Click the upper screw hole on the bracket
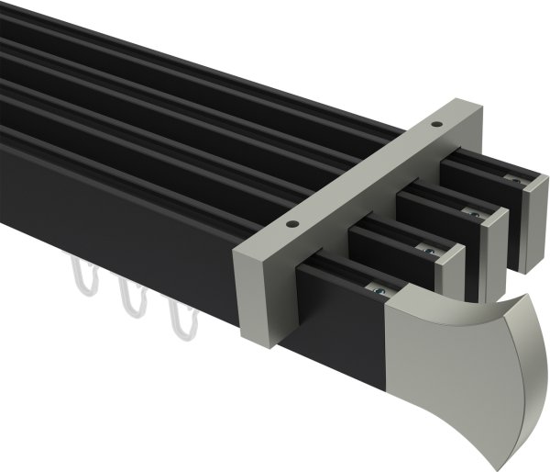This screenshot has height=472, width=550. (437, 121)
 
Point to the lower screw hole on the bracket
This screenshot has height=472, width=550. (292, 223)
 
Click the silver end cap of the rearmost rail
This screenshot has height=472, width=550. (525, 225)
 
